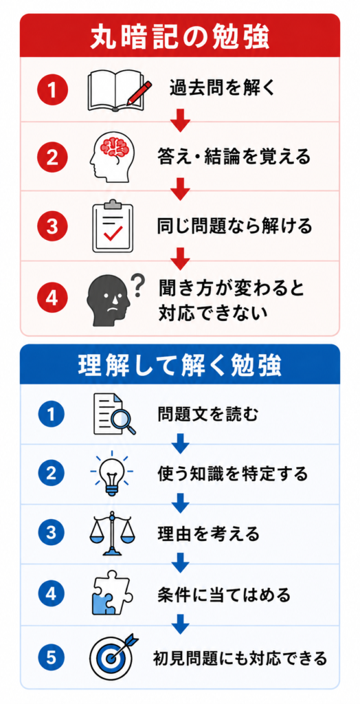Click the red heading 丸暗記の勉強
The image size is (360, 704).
pos(179,38)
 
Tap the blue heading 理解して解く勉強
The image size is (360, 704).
pos(179,366)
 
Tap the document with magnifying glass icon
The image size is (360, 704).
pos(114,414)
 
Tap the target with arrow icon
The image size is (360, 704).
pos(115,657)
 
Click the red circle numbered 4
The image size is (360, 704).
pos(52,298)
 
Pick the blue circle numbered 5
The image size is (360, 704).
pos(52,659)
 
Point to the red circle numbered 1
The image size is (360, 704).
pos(52,89)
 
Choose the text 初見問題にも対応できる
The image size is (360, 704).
pos(240,659)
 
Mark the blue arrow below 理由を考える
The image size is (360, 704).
pos(180,562)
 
